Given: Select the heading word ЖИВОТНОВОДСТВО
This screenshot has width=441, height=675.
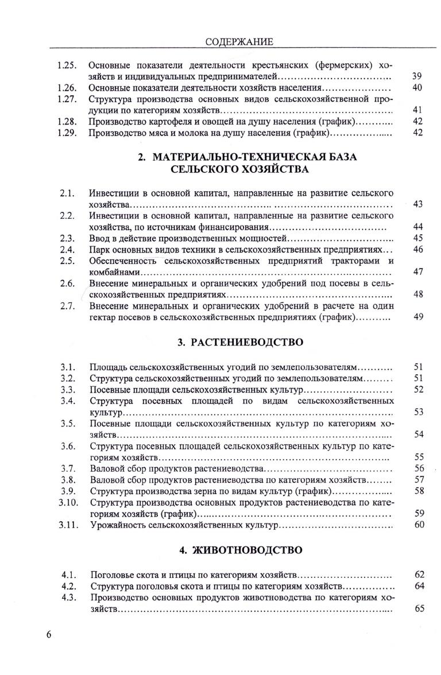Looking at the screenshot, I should (x=248, y=550).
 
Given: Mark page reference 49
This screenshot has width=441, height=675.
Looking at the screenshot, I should (x=418, y=317).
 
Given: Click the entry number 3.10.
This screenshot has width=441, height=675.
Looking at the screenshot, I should (x=68, y=503).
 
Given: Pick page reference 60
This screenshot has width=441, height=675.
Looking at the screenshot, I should (x=419, y=525).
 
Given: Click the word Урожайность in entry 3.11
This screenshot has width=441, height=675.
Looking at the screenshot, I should (x=118, y=525).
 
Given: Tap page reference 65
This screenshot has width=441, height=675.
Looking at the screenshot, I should (x=419, y=609).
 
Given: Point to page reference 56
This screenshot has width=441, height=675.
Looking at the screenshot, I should (x=419, y=468).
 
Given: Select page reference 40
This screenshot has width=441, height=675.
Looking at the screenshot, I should (x=417, y=88).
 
